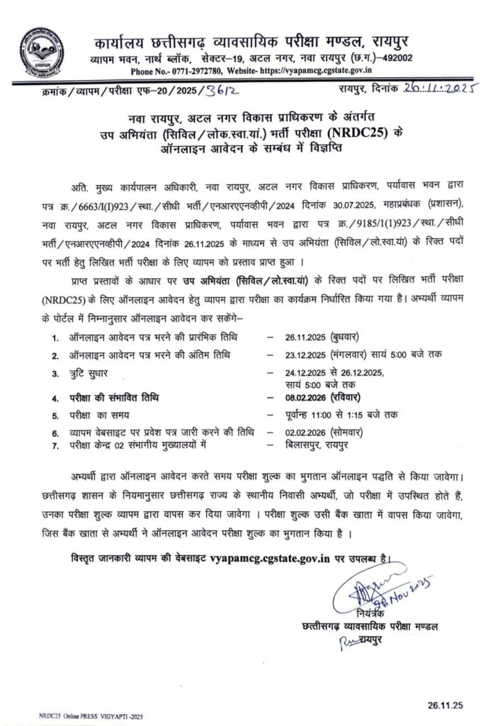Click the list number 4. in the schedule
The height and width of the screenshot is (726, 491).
pos(55,398)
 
